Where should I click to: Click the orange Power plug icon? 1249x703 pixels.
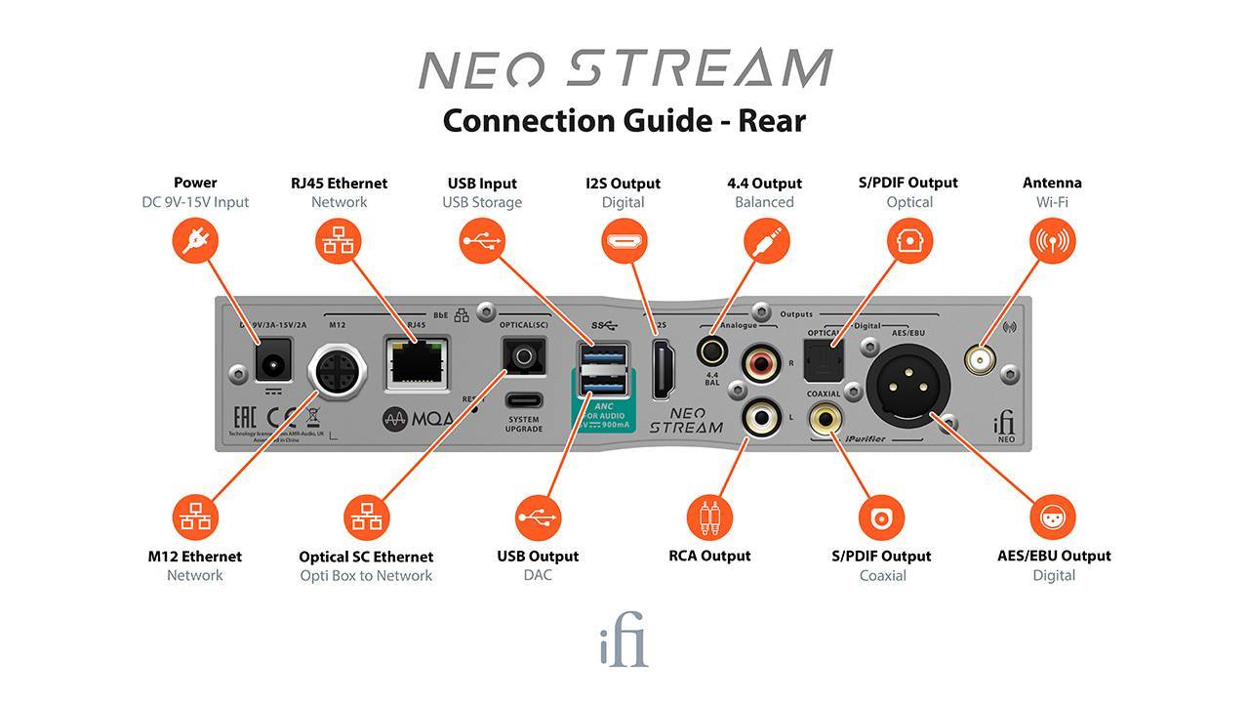[195, 239]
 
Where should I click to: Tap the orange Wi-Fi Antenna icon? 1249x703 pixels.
[1053, 239]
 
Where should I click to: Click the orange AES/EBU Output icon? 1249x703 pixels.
[1053, 517]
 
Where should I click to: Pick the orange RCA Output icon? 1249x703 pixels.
[709, 517]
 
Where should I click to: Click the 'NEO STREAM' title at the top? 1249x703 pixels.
[624, 69]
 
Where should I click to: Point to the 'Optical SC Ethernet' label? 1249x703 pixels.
[366, 557]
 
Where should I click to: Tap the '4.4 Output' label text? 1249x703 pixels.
[764, 183]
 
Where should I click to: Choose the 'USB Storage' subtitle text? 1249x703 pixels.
[482, 202]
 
